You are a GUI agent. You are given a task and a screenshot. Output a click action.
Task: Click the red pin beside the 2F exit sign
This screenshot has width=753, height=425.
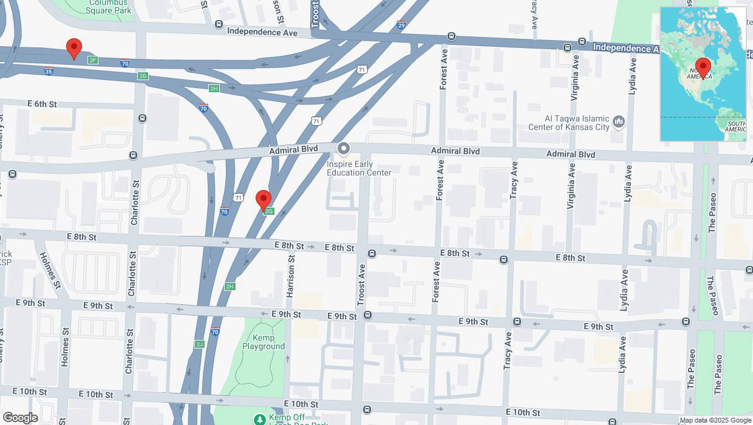(73, 48)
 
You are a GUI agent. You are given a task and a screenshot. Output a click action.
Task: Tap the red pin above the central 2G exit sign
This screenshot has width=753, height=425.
(263, 199)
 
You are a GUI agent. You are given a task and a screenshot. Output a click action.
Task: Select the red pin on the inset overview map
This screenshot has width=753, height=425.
(703, 66)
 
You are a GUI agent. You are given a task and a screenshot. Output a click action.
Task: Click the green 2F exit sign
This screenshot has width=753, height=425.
(92, 60)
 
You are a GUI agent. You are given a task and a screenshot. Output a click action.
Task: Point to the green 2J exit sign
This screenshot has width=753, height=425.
(199, 344)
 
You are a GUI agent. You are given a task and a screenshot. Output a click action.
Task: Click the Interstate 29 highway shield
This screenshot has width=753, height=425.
(401, 25)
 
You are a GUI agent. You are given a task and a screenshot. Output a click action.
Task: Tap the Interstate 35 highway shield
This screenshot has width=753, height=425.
(49, 71)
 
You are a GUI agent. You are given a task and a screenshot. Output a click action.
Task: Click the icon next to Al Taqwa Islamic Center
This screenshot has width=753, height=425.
(619, 122)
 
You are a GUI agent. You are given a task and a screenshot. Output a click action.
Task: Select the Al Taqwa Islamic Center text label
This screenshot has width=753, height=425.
(576, 123)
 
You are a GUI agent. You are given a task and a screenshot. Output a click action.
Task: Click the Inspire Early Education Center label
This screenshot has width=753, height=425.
(359, 168)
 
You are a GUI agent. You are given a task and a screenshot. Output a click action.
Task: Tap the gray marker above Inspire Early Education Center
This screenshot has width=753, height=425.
(344, 149)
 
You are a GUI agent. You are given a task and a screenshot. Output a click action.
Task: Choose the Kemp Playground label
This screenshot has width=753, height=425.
(264, 342)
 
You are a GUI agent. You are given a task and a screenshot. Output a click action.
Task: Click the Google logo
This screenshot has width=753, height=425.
(20, 418)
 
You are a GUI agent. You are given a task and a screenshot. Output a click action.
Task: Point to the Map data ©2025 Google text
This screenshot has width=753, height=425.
(715, 420)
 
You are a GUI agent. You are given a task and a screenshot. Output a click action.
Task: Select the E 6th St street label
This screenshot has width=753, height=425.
(42, 104)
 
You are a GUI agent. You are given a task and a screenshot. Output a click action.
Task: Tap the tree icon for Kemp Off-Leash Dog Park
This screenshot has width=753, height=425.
(259, 419)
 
